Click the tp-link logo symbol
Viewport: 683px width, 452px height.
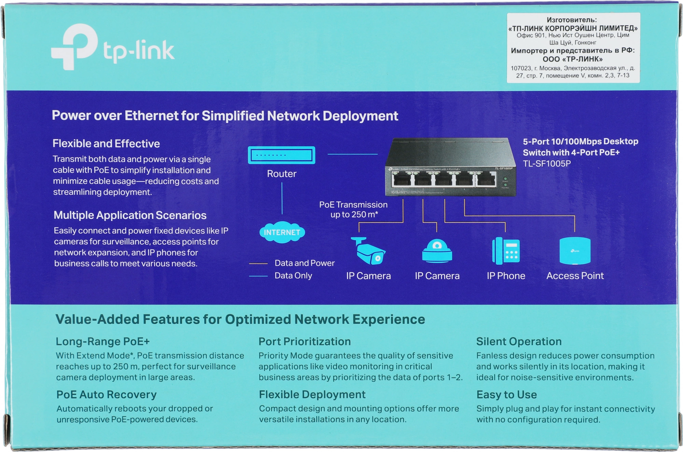click(74, 47)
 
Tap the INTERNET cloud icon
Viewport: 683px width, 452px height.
click(282, 232)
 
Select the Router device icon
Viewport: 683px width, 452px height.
click(281, 155)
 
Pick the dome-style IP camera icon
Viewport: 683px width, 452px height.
click(437, 251)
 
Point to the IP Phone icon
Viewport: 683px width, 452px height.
click(506, 251)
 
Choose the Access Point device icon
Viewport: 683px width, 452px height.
click(575, 251)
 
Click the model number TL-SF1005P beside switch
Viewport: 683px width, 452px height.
click(547, 164)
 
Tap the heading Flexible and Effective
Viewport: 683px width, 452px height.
click(106, 143)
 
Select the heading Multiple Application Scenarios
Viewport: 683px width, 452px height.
click(130, 215)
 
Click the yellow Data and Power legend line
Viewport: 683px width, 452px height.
click(258, 264)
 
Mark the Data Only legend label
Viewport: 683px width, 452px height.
click(293, 276)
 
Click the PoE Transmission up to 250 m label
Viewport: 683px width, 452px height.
click(353, 209)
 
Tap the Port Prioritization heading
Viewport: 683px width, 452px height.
click(304, 342)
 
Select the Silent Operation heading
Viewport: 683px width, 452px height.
click(518, 342)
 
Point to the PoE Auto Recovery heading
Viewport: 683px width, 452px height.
click(106, 395)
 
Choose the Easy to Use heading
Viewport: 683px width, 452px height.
click(506, 395)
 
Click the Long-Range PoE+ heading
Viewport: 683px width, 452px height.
click(102, 342)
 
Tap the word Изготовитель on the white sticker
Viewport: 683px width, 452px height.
click(571, 20)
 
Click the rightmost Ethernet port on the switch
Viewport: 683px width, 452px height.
click(486, 179)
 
